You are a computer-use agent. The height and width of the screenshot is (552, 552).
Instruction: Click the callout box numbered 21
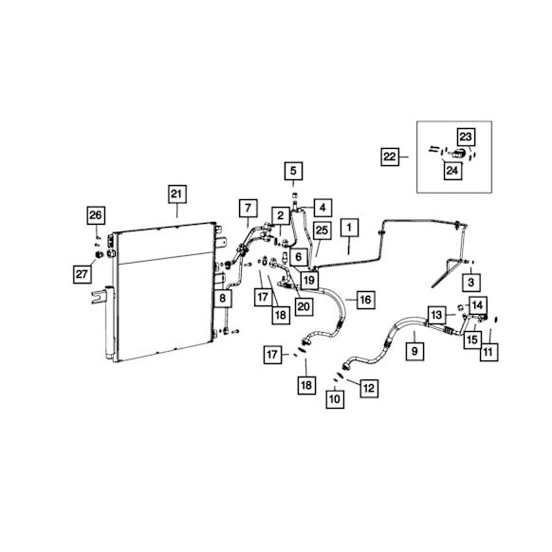coord(176,194)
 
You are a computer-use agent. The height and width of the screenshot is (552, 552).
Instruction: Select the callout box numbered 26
coord(96,215)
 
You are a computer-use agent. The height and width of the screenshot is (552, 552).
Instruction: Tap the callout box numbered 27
coord(82,274)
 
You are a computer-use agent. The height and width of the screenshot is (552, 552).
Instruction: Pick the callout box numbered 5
coord(293,171)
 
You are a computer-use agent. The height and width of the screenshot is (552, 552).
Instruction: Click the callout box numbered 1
coord(349,228)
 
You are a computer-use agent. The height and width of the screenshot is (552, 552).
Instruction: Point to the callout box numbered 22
coord(390,156)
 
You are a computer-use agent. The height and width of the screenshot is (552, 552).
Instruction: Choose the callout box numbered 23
coord(466,137)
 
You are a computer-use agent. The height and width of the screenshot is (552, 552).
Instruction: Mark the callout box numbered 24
coord(452,171)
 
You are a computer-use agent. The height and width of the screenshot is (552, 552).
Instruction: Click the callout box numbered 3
coord(471,282)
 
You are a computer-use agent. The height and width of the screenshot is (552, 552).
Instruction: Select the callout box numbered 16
coord(366,300)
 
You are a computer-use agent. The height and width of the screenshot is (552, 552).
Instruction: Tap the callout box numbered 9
coord(414,351)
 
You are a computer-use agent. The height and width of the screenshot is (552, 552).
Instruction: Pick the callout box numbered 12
coord(369,388)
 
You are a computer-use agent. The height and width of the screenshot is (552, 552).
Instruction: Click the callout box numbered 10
coord(335,399)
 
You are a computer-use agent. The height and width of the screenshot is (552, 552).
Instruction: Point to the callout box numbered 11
coord(489,351)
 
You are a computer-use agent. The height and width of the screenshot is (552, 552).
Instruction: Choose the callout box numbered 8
coord(223,299)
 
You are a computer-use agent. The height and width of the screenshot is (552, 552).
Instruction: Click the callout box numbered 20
coord(304,306)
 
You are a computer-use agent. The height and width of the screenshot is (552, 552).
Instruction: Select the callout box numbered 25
coord(322,230)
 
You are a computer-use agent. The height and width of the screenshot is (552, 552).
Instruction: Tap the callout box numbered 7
coord(248,208)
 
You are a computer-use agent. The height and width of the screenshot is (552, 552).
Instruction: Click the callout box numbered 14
coord(478,305)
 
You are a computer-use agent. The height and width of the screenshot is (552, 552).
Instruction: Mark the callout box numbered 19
coord(309,281)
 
